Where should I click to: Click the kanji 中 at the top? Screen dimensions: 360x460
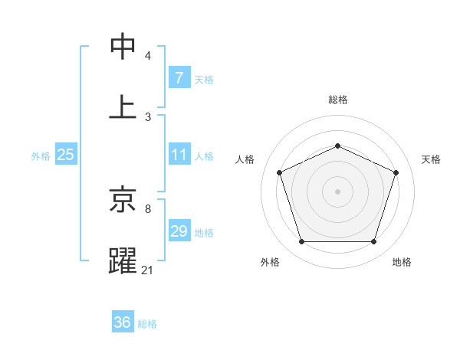coord(123,46)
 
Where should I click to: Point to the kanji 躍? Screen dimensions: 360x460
coord(123,260)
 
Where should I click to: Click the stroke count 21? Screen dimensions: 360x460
coord(148,270)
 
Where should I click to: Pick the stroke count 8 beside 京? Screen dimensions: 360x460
coord(148,208)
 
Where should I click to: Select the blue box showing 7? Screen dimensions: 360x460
coord(179,78)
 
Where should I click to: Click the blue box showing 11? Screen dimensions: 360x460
coord(179,155)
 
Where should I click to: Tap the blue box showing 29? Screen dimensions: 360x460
coord(179,231)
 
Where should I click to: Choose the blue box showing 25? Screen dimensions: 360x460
coord(65,155)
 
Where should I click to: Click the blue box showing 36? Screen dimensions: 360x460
coord(123,322)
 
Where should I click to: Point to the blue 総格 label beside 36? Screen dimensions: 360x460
coord(147,323)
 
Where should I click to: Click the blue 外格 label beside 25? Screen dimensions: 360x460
coord(41,155)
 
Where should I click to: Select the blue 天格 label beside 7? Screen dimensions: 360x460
coord(204,79)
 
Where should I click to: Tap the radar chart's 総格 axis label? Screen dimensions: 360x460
coord(337,100)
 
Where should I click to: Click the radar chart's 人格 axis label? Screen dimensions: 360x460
coord(245,159)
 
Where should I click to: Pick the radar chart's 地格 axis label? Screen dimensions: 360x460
coord(402,262)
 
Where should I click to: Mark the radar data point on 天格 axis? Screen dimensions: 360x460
coord(396,172)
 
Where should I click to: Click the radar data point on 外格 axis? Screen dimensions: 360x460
coord(301,242)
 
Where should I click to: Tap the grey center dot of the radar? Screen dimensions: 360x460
coord(337,191)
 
